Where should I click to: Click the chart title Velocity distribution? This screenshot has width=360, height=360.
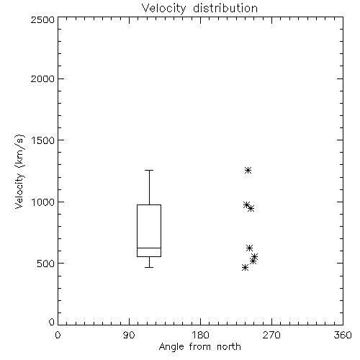(199, 9)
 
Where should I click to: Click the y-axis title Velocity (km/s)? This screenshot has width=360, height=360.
(19, 171)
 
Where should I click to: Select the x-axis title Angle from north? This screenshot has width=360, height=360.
(199, 347)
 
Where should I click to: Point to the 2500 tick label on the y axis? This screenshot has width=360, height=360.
(42, 19)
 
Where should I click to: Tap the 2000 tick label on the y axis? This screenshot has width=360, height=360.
(42, 78)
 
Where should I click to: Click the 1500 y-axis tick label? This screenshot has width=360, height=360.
(43, 140)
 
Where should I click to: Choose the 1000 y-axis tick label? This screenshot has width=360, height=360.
(43, 202)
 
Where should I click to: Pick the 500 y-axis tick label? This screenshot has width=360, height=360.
(46, 264)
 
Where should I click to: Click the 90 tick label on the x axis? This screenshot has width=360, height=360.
(129, 335)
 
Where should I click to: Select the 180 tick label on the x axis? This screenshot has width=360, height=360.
(200, 335)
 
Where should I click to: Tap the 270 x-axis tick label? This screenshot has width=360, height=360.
(271, 335)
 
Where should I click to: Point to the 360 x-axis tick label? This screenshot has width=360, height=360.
(343, 335)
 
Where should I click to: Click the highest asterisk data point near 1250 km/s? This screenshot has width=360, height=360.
(248, 171)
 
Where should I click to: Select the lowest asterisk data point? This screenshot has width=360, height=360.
(245, 267)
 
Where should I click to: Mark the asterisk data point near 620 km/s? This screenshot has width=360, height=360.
(249, 248)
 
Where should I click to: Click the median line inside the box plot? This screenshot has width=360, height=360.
(149, 248)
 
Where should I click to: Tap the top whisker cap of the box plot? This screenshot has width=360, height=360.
(149, 170)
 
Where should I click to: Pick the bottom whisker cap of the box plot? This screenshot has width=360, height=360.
(149, 267)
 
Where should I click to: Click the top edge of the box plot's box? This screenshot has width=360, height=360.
(149, 204)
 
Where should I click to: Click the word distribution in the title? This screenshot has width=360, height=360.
(225, 9)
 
